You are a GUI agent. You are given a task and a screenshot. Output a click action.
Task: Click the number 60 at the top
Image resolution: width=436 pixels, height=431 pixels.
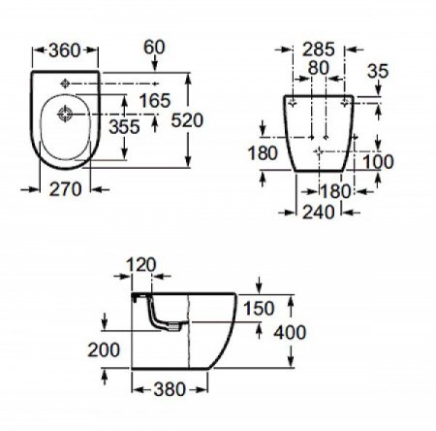pyautogui.click(x=155, y=46)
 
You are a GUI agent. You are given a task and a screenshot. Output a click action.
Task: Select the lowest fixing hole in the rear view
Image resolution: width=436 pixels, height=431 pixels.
pyautogui.click(x=321, y=152)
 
